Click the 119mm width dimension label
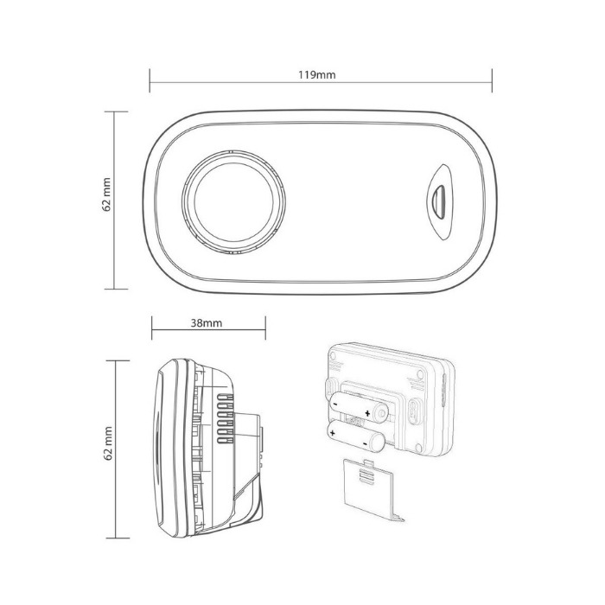pyautogui.click(x=316, y=74)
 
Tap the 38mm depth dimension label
pyautogui.click(x=207, y=323)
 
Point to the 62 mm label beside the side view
pyautogui.click(x=108, y=443)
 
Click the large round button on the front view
pyautogui.click(x=234, y=202)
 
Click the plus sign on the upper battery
pyautogui.click(x=367, y=414)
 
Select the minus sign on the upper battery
pyautogui.click(x=335, y=404)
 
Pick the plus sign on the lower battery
pyautogui.click(x=332, y=433)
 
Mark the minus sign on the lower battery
pyautogui.click(x=365, y=444)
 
